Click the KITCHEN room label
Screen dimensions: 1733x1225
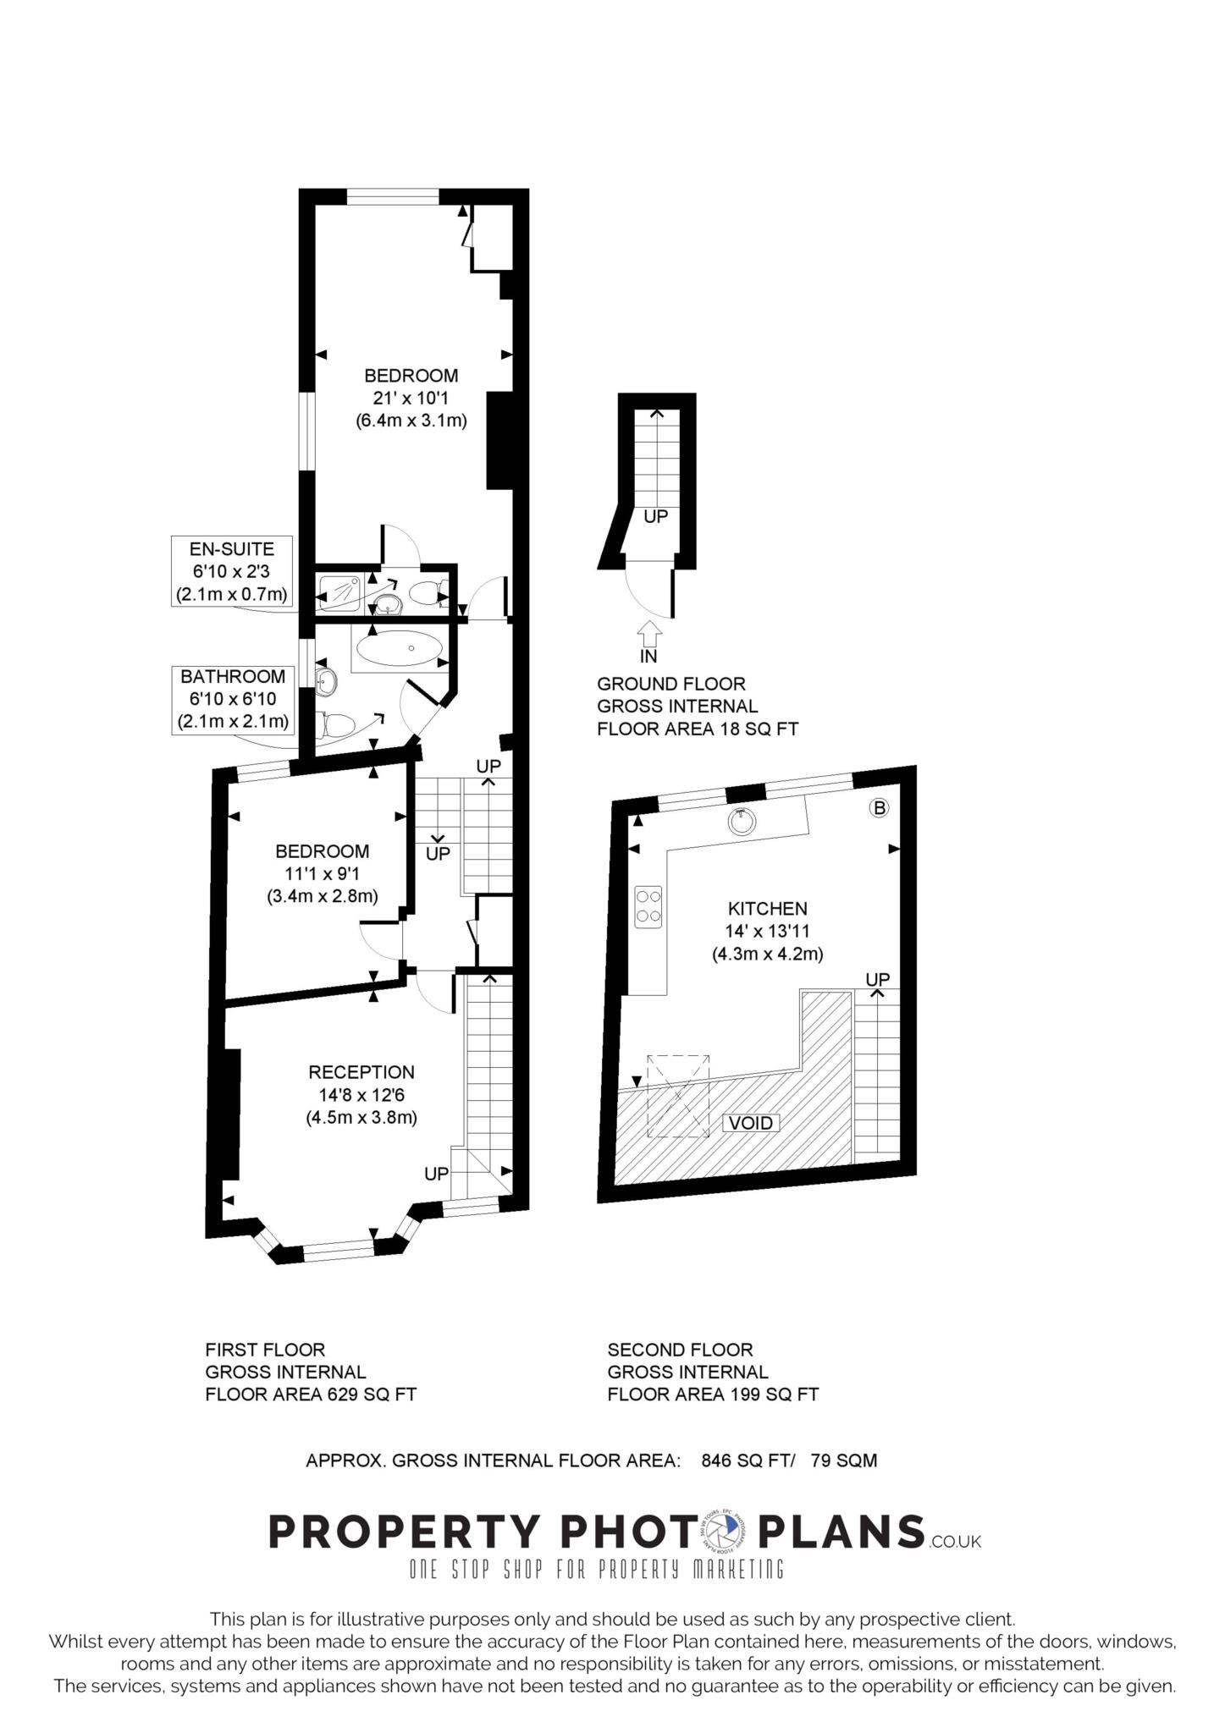click(767, 909)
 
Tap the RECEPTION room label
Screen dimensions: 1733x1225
click(361, 1072)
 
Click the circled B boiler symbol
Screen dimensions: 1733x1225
click(879, 808)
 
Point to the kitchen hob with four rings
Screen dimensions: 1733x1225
click(649, 905)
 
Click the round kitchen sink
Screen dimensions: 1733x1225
click(742, 822)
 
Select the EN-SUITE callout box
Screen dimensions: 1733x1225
click(232, 571)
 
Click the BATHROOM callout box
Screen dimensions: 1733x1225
click(233, 699)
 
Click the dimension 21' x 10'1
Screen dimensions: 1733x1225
click(411, 398)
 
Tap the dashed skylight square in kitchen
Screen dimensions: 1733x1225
click(678, 1096)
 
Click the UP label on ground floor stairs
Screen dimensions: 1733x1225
click(656, 516)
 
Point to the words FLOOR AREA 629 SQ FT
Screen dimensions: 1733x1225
click(311, 1395)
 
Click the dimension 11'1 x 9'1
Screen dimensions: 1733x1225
click(322, 873)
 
